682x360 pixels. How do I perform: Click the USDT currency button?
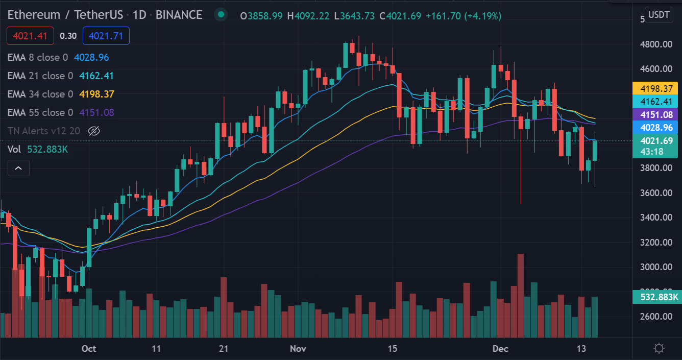tap(659, 15)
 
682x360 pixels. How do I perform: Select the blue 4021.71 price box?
tap(106, 36)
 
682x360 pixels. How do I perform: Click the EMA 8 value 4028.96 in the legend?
tap(91, 58)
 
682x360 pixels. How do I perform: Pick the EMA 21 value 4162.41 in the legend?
tap(96, 76)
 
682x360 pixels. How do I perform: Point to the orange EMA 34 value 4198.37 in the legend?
tap(96, 94)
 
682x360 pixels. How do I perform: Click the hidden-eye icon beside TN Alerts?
tap(93, 131)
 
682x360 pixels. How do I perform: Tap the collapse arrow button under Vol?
tap(18, 167)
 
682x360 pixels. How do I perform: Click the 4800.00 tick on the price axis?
tap(656, 44)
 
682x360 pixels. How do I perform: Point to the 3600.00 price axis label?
tap(656, 193)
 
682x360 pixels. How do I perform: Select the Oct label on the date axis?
tap(89, 349)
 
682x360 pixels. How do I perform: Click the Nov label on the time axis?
tap(298, 349)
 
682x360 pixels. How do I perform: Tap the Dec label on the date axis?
tap(500, 349)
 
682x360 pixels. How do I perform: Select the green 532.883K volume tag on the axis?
tap(655, 297)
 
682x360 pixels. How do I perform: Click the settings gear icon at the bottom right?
tap(659, 349)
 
